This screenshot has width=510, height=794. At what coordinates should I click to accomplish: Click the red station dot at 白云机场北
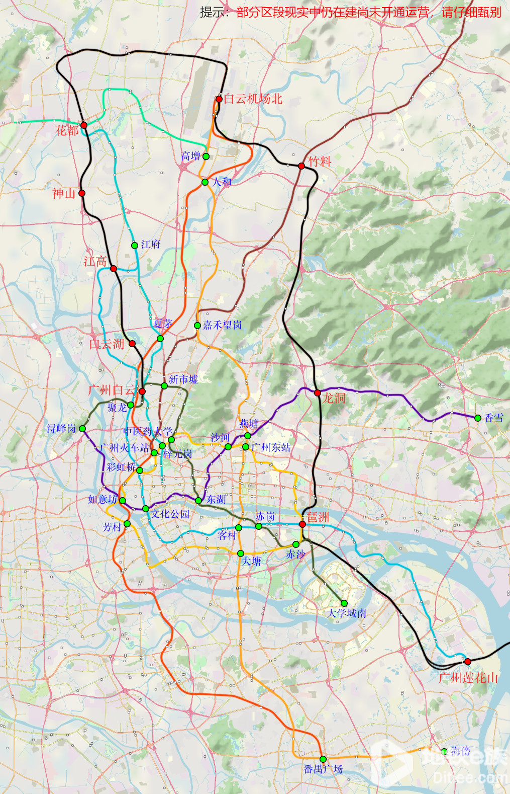(x=219, y=99)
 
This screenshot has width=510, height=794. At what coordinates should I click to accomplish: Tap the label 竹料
(x=320, y=162)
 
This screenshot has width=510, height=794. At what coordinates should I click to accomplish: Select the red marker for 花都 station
(x=84, y=125)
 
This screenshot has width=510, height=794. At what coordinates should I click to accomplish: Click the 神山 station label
(x=64, y=194)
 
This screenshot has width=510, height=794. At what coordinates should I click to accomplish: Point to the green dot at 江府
(x=135, y=246)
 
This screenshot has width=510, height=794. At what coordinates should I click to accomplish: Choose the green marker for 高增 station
(x=206, y=156)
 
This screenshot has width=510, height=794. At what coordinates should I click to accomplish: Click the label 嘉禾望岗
(x=222, y=326)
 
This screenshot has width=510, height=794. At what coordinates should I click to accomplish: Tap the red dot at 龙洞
(x=318, y=393)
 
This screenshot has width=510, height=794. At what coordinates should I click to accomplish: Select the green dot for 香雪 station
(x=478, y=418)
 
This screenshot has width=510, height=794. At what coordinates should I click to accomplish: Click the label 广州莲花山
(x=468, y=678)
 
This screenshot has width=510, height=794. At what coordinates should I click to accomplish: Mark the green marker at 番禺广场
(x=323, y=759)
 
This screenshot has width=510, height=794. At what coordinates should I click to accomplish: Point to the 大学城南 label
(x=347, y=613)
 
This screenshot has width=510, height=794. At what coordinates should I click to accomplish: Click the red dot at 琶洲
(x=302, y=524)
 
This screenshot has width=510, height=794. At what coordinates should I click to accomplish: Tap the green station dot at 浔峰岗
(x=82, y=429)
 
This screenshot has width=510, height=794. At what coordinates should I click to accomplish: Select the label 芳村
(x=112, y=527)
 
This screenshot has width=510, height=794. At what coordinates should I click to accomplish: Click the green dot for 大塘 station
(x=241, y=553)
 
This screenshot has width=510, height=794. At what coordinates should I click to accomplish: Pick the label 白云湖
(x=107, y=345)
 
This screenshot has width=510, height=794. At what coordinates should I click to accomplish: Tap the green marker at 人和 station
(x=205, y=182)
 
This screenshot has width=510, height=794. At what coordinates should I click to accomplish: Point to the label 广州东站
(x=271, y=447)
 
